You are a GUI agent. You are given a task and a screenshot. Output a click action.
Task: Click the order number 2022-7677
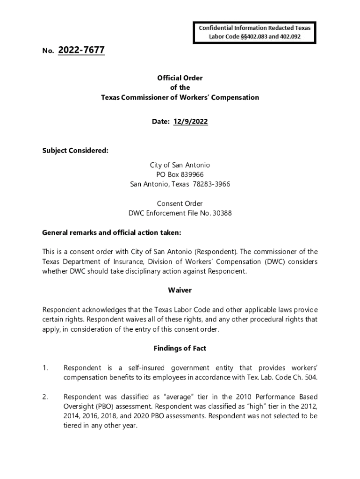tap(81, 50)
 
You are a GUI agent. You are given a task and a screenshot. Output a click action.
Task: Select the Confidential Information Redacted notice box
tap(255, 32)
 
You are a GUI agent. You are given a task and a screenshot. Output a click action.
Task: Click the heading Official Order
tap(180, 78)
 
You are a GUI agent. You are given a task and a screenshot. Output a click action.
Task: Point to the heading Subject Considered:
tap(75, 151)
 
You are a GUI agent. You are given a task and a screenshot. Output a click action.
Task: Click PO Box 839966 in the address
tap(180, 174)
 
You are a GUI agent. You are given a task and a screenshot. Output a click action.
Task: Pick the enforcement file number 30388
tap(223, 213)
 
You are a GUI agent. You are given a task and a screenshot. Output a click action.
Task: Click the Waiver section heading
tap(180, 290)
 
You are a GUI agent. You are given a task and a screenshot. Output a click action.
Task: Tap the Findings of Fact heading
tap(180, 348)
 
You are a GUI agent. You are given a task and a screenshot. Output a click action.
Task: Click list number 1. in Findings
tap(45, 368)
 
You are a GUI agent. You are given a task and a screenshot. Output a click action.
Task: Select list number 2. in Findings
tap(45, 397)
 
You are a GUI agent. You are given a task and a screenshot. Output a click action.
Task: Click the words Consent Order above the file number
tap(180, 203)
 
